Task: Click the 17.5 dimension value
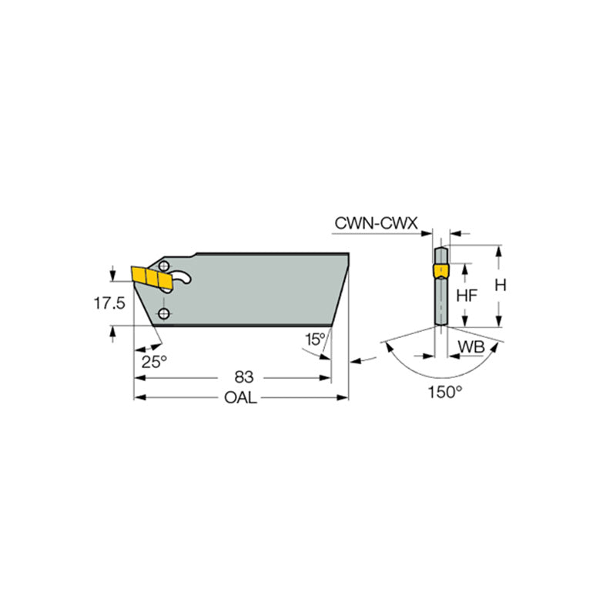109,304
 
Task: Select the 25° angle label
153,360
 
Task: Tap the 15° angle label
314,340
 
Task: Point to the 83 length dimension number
243,377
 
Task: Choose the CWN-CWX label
376,223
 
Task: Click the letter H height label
500,285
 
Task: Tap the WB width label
470,347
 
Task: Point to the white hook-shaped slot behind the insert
182,279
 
